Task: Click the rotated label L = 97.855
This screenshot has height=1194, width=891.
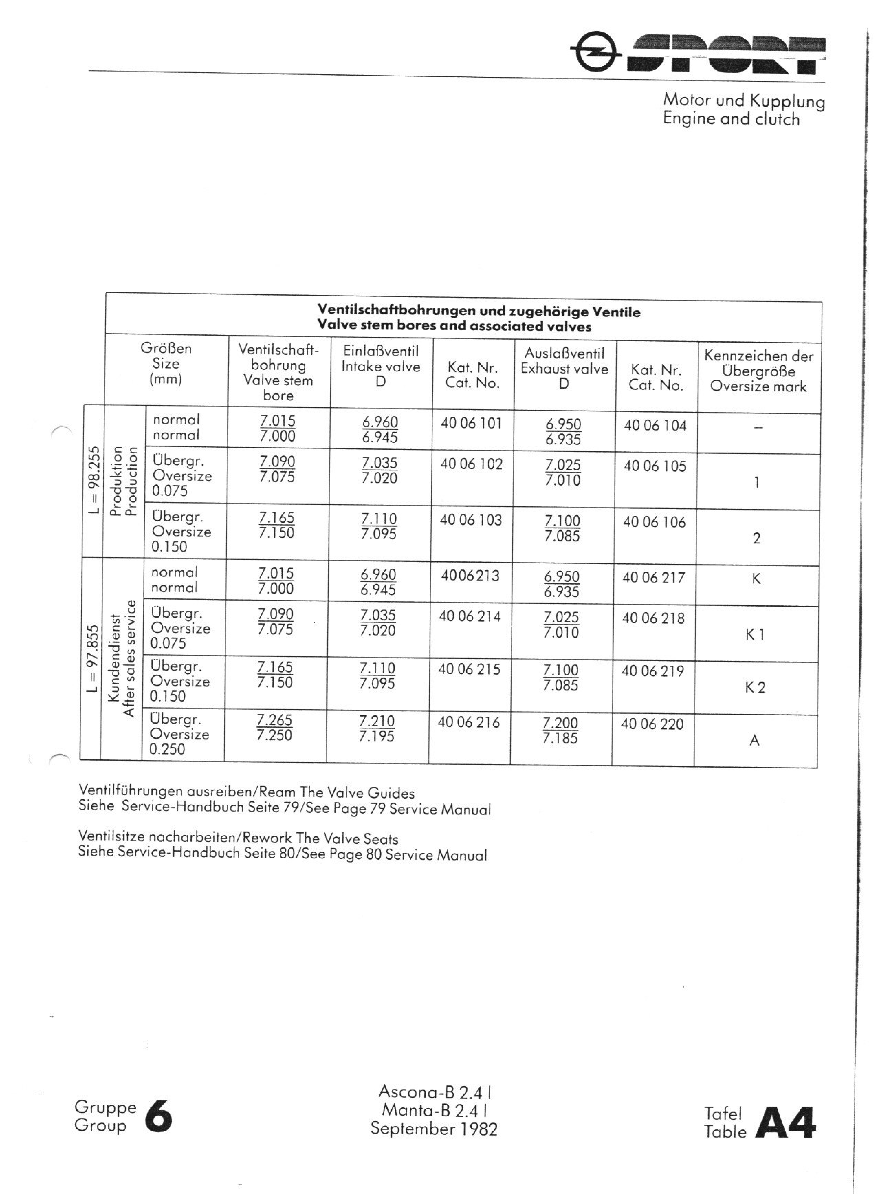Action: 93,658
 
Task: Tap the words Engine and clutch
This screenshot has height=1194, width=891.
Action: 731,119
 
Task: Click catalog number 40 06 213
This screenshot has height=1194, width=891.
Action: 470,576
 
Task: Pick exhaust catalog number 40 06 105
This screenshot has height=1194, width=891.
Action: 655,466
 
